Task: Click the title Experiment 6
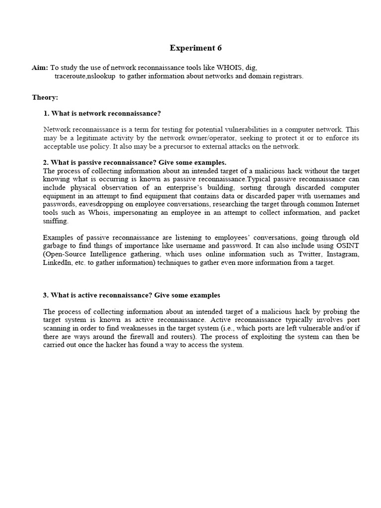(x=195, y=48)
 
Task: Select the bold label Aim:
(x=40, y=67)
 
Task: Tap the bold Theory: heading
(x=45, y=97)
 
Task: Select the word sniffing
(x=56, y=221)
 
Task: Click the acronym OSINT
(x=348, y=246)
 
